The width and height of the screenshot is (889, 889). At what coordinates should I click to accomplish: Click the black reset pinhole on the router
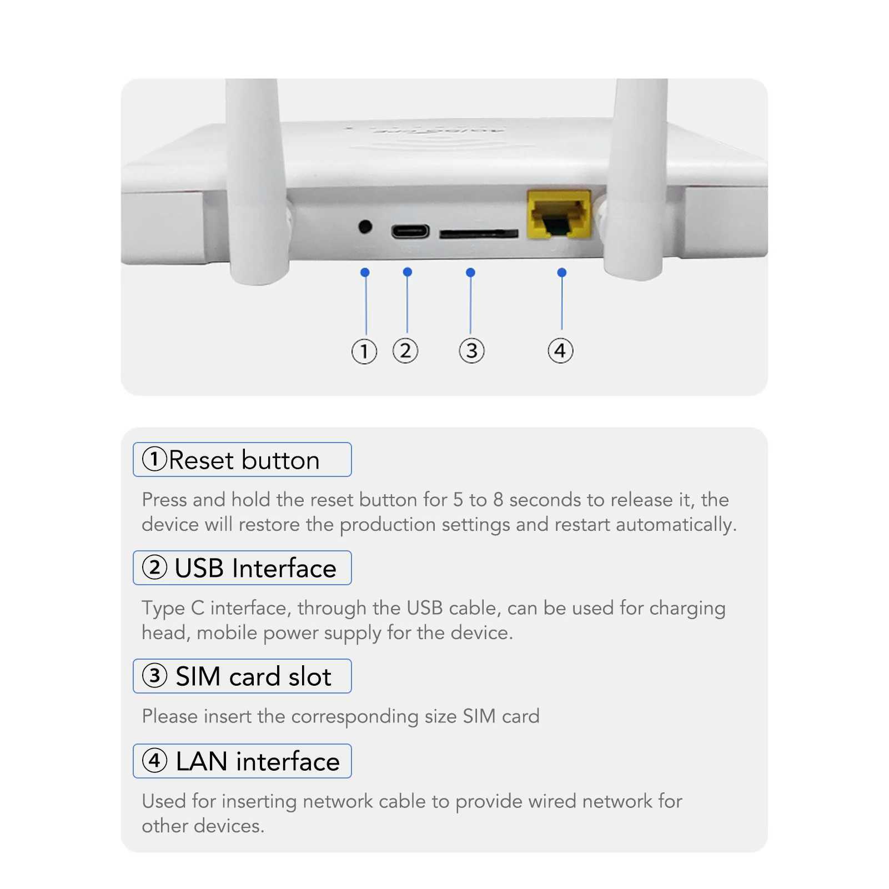[x=365, y=227]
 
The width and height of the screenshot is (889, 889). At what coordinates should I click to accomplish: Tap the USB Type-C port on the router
[x=410, y=231]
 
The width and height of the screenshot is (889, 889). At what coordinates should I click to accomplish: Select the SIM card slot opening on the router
[x=478, y=234]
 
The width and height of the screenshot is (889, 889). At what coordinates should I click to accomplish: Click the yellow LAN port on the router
[x=559, y=215]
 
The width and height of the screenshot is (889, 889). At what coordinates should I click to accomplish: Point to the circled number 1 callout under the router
[x=364, y=351]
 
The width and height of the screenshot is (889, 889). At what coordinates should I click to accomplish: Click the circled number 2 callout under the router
[x=405, y=351]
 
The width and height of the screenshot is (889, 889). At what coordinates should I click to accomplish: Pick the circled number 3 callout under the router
[x=471, y=351]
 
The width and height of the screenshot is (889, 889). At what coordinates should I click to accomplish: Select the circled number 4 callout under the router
[x=560, y=351]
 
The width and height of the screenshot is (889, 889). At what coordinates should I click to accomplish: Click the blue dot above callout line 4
[x=561, y=273]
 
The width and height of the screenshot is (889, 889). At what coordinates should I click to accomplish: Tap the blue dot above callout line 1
[x=365, y=272]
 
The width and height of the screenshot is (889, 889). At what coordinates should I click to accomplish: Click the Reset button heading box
[x=242, y=460]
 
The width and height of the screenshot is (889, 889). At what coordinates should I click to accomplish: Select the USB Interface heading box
[x=242, y=568]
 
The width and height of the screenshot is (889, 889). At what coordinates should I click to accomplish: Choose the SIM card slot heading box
[x=242, y=676]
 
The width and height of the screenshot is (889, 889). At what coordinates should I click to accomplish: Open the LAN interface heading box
[x=242, y=761]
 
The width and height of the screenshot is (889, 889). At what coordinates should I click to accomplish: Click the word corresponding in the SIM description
[x=354, y=717]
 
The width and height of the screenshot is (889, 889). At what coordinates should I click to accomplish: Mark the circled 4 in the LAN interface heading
[x=155, y=761]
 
